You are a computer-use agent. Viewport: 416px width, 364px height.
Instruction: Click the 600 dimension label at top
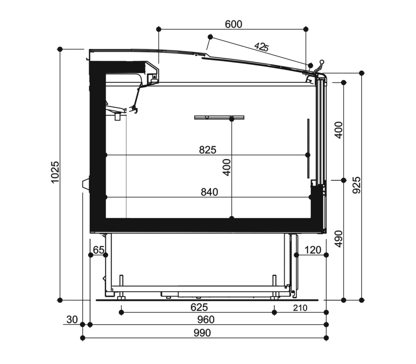[234, 24]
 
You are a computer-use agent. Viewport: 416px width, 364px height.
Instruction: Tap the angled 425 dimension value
[262, 47]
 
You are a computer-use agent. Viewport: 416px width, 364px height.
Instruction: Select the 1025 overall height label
[55, 172]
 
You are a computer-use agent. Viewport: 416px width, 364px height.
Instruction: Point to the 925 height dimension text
[357, 185]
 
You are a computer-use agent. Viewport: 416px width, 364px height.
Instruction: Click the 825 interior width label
[208, 150]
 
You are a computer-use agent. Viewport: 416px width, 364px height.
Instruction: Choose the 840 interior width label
[209, 192]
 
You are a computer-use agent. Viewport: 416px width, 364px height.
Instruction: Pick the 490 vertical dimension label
[339, 239]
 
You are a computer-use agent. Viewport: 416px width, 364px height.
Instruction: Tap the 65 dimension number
[99, 250]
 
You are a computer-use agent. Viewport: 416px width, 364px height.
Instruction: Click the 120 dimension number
[313, 250]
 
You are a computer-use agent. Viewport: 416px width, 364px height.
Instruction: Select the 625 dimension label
[199, 307]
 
